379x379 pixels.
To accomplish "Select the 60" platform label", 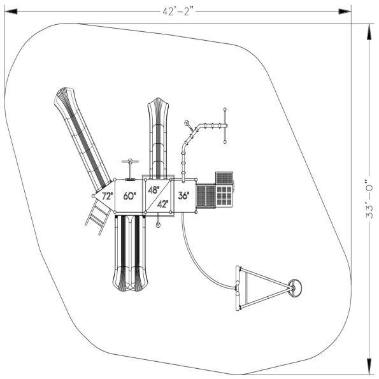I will pos(129,197).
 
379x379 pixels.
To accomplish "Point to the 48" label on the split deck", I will pos(154,190).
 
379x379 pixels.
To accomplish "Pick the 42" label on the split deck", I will pos(163,204).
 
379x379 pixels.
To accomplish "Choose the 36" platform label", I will pos(183,196).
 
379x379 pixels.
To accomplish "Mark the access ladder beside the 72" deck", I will pos(96,216).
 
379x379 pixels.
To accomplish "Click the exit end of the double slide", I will pos(131,280).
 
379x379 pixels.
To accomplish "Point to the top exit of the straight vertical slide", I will pos(157,108).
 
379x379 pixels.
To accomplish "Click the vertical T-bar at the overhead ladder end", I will pos(225,125).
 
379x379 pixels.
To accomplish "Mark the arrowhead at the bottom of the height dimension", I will pos(368,369).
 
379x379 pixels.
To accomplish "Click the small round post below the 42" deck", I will pos(158,225).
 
